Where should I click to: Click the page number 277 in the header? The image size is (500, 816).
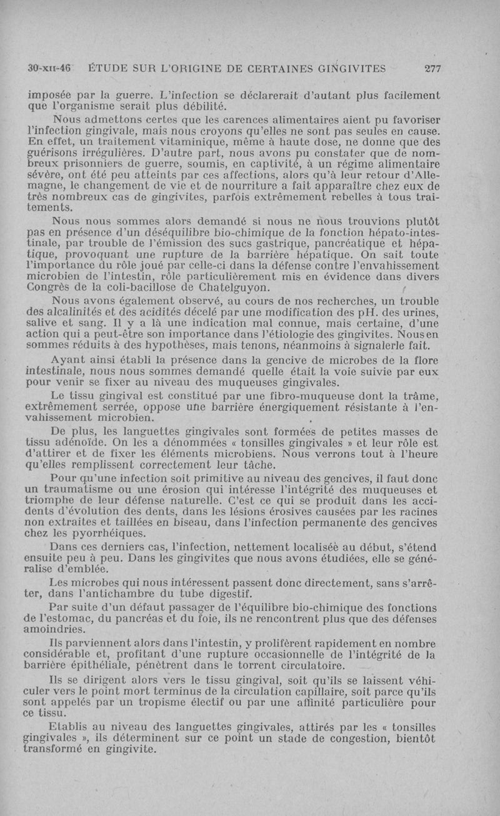(432, 69)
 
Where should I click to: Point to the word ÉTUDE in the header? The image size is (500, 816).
(111, 69)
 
